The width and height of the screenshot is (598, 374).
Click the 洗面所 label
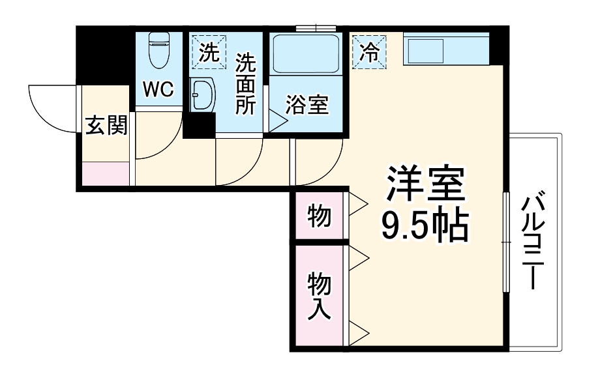point(245,84)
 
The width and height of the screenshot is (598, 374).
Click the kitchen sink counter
point(445,51)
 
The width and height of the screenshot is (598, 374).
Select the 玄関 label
point(106,126)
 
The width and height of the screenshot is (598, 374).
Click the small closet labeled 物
point(319,216)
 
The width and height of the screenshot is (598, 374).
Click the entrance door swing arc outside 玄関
point(51,108)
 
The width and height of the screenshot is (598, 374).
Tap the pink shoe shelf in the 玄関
point(106,174)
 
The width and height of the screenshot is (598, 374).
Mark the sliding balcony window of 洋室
point(506,241)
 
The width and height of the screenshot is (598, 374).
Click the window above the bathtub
point(316,28)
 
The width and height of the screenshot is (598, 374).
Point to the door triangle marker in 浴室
point(277,120)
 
